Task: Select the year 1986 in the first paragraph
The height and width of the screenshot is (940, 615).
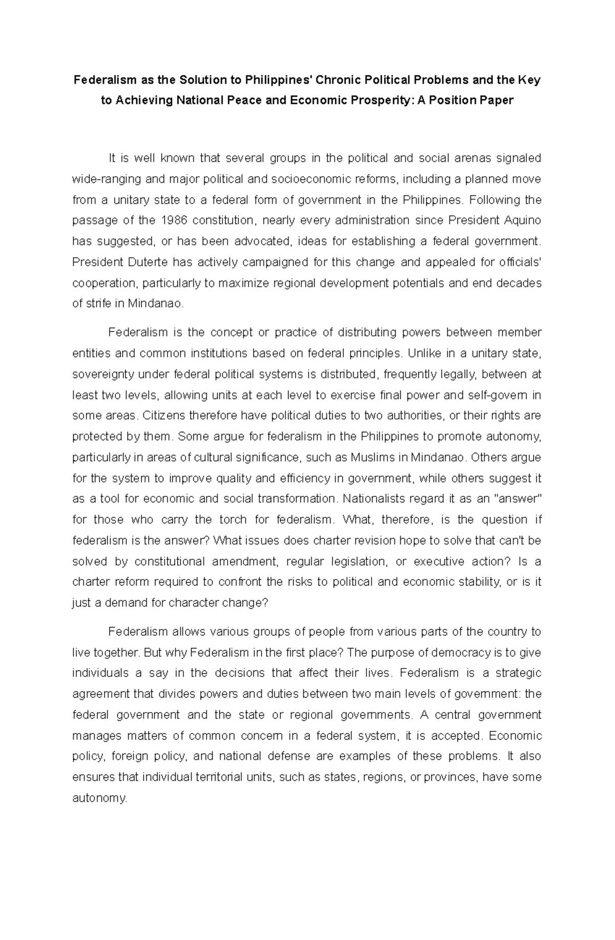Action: coord(175,221)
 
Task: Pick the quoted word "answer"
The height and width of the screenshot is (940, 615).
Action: coord(518,499)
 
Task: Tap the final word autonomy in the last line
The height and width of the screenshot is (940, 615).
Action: coord(98,798)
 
